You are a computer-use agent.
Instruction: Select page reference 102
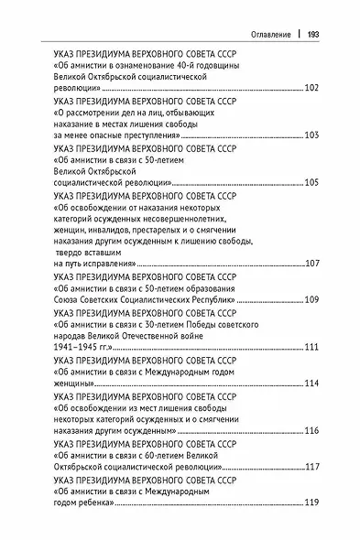tap(309, 89)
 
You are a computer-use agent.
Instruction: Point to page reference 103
tap(309, 135)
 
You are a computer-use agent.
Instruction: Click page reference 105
tap(309, 181)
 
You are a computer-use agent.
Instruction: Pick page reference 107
tap(309, 263)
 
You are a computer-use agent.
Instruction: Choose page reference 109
tap(309, 298)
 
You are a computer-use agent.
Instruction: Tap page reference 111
tap(309, 347)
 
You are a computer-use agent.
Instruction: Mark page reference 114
tap(309, 383)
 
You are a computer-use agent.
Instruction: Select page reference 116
tap(309, 430)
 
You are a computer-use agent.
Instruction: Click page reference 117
tap(309, 467)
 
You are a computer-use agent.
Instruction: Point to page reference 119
tap(309, 502)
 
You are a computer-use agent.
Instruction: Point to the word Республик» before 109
tap(211, 298)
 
